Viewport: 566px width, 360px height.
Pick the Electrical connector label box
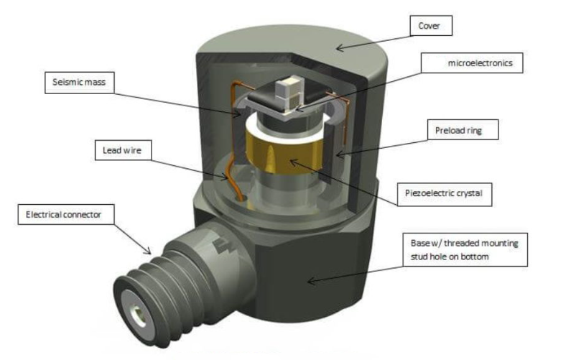[x=63, y=215]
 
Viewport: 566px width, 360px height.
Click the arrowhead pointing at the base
[x=310, y=281]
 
